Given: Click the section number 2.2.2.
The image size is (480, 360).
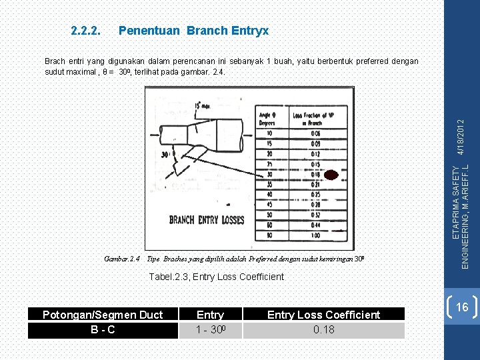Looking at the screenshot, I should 85,31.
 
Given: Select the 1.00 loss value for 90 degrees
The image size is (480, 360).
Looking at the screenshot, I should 314,235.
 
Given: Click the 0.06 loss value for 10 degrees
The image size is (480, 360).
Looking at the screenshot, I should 314,133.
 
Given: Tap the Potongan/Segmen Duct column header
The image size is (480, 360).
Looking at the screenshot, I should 102,315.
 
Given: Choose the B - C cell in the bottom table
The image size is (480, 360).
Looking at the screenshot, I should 102,329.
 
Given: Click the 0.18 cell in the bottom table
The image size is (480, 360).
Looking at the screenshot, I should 323,329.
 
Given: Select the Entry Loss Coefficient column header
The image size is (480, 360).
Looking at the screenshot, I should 323,315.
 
